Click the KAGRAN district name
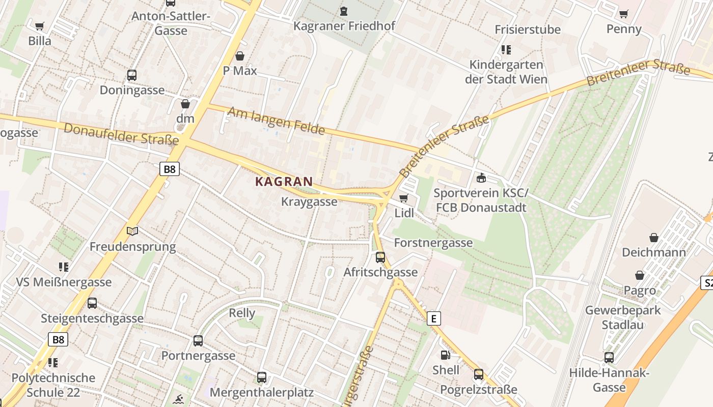[284, 182]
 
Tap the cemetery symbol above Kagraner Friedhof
[344, 11]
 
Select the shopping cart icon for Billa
[40, 26]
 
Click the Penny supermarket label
[624, 29]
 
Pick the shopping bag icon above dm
[185, 104]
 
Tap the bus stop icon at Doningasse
[132, 75]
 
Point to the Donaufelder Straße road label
[121, 134]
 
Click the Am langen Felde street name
[276, 121]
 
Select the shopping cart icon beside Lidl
[404, 198]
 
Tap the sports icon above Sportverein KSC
[481, 178]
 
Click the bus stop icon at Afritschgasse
[380, 257]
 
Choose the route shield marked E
[433, 319]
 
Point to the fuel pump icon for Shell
[446, 355]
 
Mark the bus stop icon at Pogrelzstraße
[479, 374]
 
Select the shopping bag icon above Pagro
[640, 275]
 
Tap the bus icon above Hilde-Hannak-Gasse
[609, 357]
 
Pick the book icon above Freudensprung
[132, 231]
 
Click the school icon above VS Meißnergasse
[64, 267]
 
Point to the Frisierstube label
[528, 30]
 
